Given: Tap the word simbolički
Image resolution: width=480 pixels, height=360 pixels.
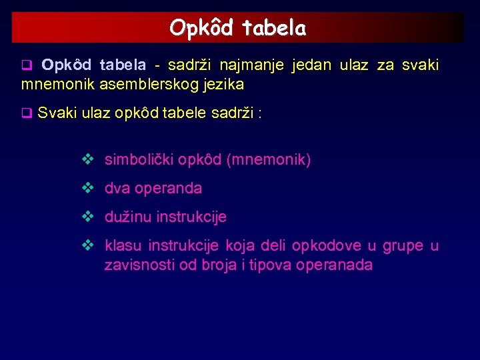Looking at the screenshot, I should click(x=137, y=160).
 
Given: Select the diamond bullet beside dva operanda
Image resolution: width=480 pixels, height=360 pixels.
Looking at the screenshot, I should click(x=86, y=189).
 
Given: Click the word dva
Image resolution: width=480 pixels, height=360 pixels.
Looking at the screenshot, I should click(x=118, y=189).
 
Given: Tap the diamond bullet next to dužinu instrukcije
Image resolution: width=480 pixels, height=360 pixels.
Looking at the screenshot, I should click(x=86, y=217).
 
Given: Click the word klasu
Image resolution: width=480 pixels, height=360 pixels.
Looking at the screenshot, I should click(x=124, y=245).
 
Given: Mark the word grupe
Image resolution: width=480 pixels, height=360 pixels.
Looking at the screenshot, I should click(x=403, y=245).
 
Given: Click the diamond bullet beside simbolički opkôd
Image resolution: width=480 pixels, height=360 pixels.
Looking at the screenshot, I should click(x=86, y=160).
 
